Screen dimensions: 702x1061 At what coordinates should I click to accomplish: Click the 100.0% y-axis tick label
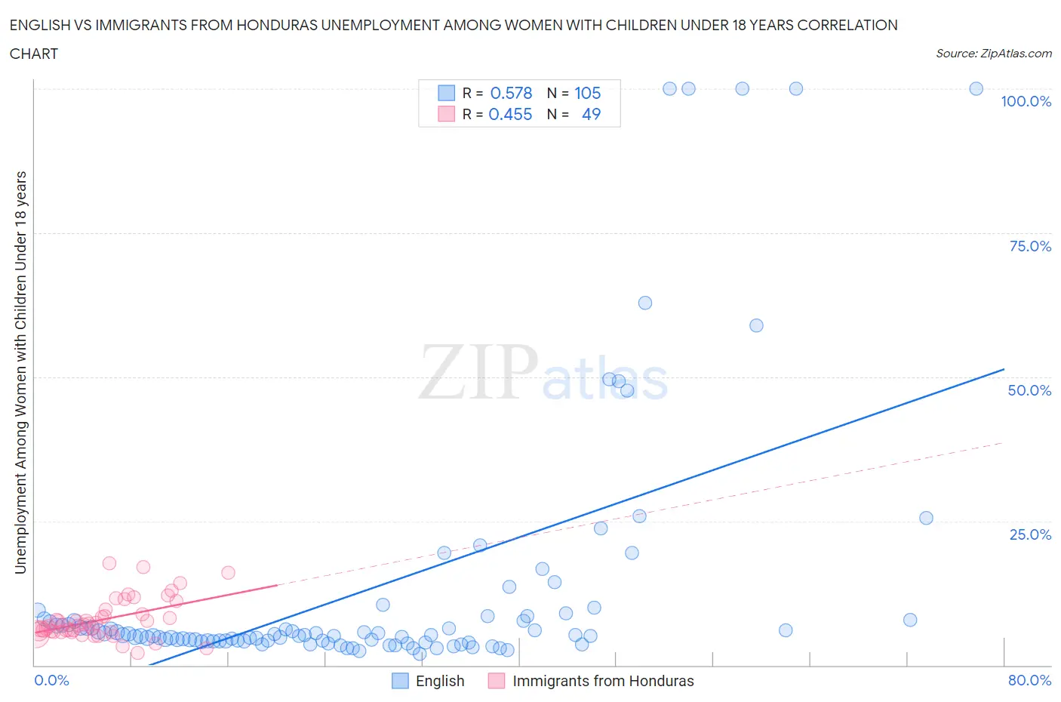1026,102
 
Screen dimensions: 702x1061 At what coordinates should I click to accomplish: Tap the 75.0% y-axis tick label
1030,246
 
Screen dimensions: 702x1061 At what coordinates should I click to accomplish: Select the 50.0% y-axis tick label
1029,390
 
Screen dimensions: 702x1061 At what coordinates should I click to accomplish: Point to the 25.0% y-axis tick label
1030,534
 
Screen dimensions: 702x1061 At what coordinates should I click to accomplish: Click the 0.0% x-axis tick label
51,680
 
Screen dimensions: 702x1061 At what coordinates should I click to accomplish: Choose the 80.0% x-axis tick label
1029,680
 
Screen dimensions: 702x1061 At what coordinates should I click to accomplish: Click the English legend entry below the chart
440,681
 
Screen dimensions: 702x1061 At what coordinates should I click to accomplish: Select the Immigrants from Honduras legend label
603,681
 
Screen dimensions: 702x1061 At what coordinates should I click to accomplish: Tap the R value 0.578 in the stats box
511,93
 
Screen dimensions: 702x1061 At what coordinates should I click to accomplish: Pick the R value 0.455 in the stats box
510,114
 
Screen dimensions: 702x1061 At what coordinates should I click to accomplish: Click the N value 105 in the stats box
587,93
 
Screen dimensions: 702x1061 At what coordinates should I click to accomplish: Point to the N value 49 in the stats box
591,114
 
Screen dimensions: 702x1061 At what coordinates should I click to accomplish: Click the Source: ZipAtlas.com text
993,54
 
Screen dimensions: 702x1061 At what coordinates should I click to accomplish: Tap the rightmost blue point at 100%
976,88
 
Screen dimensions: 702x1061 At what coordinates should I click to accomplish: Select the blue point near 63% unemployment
644,303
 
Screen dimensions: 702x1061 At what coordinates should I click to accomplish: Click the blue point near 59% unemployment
756,325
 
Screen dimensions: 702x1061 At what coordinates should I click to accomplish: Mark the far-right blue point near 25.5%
926,518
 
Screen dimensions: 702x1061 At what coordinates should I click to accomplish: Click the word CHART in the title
34,54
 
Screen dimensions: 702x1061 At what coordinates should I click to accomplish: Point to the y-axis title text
20,372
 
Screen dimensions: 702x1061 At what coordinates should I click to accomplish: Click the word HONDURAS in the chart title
277,25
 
